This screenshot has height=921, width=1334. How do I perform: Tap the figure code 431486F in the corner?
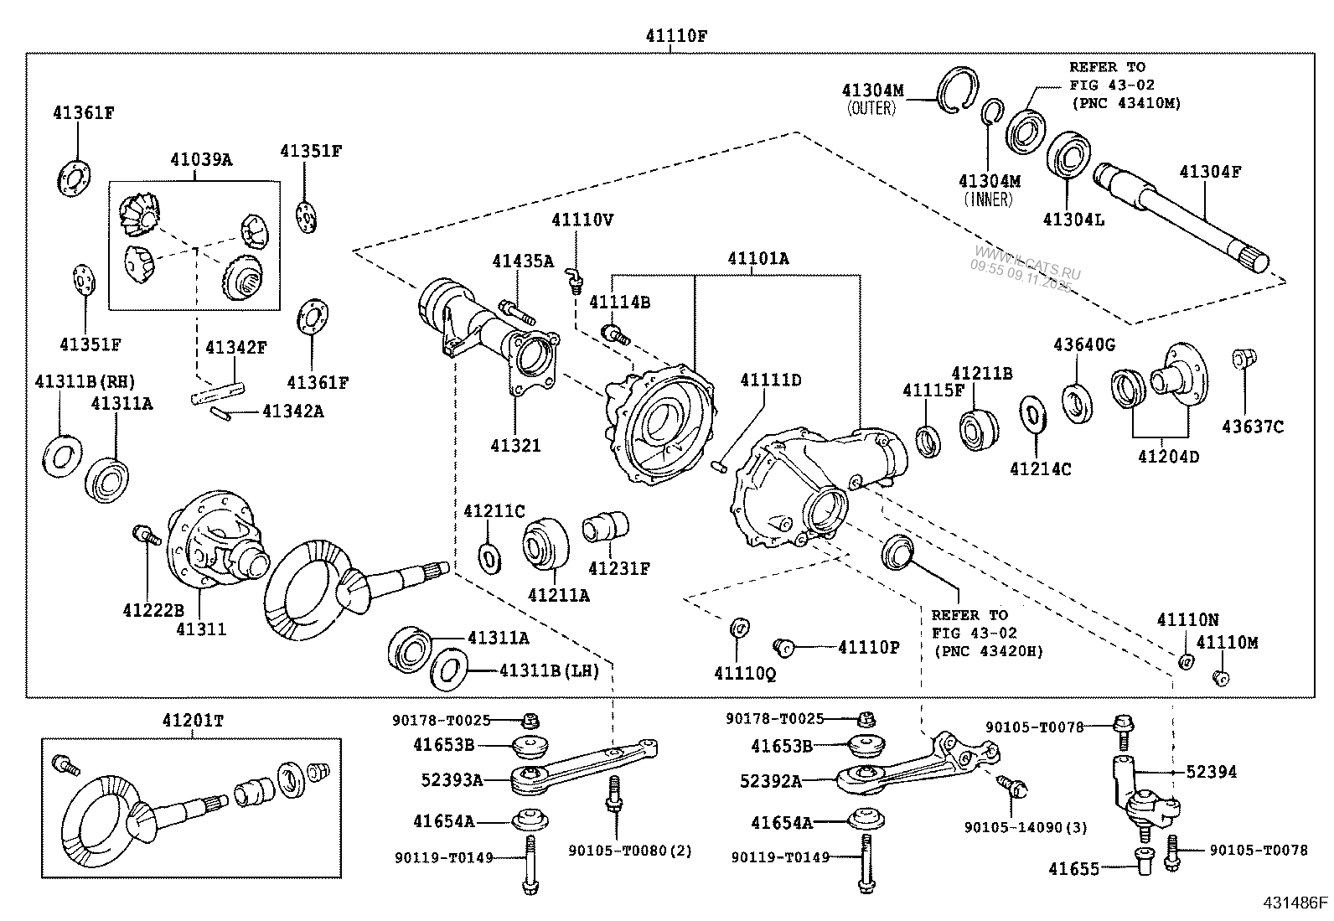tap(1295, 903)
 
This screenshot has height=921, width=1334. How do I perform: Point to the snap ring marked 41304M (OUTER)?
tap(958, 90)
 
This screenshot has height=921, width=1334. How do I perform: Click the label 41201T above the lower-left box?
tap(194, 719)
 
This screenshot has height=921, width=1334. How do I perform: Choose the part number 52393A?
tap(452, 781)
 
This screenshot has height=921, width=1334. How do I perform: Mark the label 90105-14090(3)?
tap(1025, 827)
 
